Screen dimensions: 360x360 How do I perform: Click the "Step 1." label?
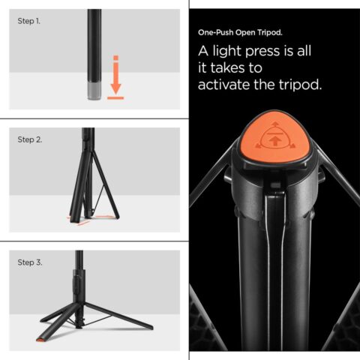click(x=29, y=21)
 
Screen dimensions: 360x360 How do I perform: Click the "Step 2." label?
click(x=29, y=140)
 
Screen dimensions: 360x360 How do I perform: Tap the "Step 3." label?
click(x=29, y=262)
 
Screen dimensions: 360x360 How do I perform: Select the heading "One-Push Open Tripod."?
click(x=240, y=34)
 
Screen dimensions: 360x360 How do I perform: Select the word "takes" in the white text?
click(x=232, y=69)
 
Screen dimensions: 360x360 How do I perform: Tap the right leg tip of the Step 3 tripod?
click(x=150, y=328)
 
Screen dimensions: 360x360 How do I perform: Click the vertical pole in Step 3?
click(x=79, y=274)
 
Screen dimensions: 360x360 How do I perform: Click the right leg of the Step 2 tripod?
click(x=106, y=192)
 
